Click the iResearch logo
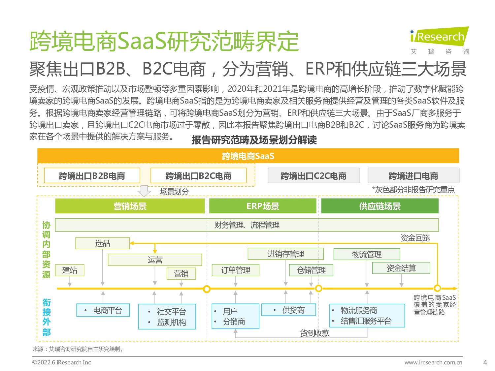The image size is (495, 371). tap(439, 41)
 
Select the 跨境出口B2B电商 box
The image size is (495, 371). tap(92, 175)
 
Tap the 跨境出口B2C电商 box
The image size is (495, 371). tap(198, 175)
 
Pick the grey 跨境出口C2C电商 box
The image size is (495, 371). tap(313, 175)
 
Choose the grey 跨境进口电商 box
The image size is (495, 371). tap(413, 175)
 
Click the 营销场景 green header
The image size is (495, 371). tap(130, 206)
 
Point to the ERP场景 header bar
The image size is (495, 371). tap(263, 206)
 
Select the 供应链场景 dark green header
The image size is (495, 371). tap(380, 206)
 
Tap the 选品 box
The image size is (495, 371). tap(102, 243)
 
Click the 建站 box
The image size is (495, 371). tap(70, 270)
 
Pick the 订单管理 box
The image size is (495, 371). tap(235, 270)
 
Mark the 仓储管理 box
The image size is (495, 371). tap(311, 270)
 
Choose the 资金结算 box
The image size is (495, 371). tap(401, 268)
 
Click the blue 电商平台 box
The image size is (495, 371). tap(103, 310)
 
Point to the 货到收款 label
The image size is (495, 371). tap(315, 333)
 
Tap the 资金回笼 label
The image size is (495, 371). tap(415, 238)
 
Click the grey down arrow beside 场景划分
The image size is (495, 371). tap(144, 191)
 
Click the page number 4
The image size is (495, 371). tap(485, 362)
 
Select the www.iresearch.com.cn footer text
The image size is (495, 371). tap(433, 362)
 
